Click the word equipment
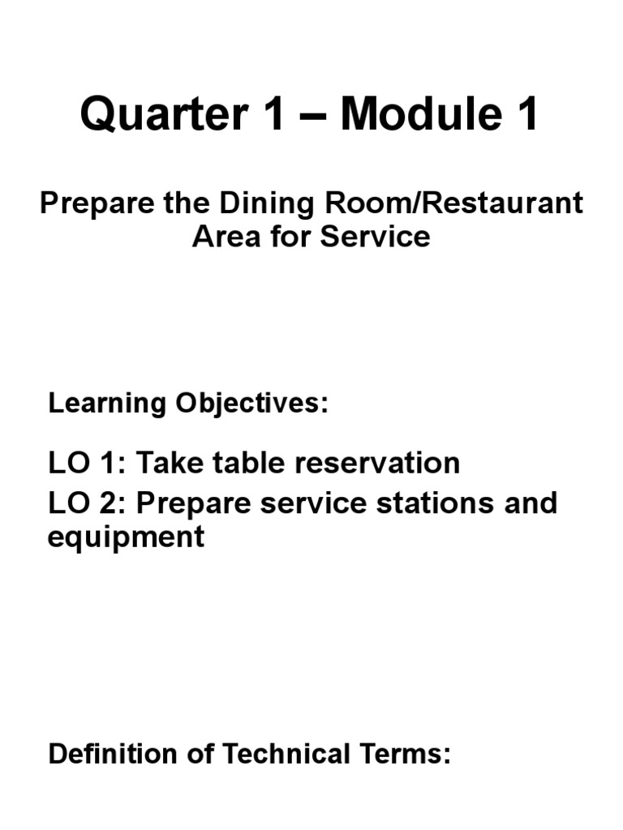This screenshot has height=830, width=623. point(126,537)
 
